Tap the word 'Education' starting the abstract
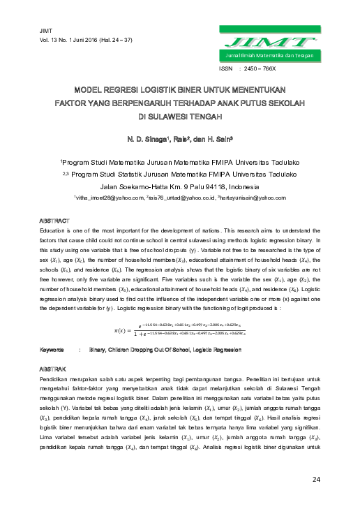pyautogui.click(x=55, y=211)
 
